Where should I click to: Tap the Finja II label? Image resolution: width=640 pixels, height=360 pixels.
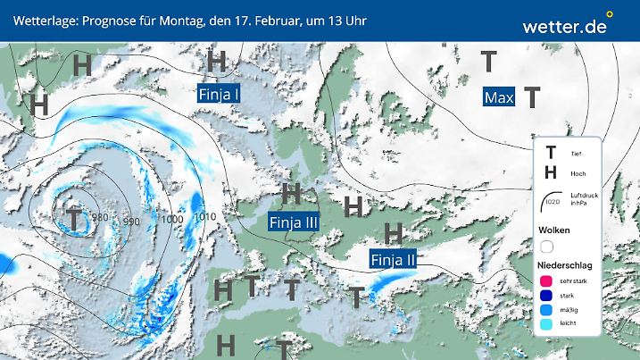click(394, 260)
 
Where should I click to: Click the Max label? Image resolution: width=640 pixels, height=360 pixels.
click(499, 96)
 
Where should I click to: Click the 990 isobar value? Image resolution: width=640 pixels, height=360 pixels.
click(132, 221)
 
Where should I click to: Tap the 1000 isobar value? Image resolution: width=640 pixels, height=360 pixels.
click(172, 218)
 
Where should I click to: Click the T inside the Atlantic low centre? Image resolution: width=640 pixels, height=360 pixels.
click(73, 217)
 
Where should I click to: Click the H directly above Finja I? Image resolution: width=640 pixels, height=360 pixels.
click(216, 61)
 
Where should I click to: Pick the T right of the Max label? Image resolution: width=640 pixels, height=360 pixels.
click(532, 96)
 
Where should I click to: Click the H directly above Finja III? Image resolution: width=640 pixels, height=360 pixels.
click(291, 193)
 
